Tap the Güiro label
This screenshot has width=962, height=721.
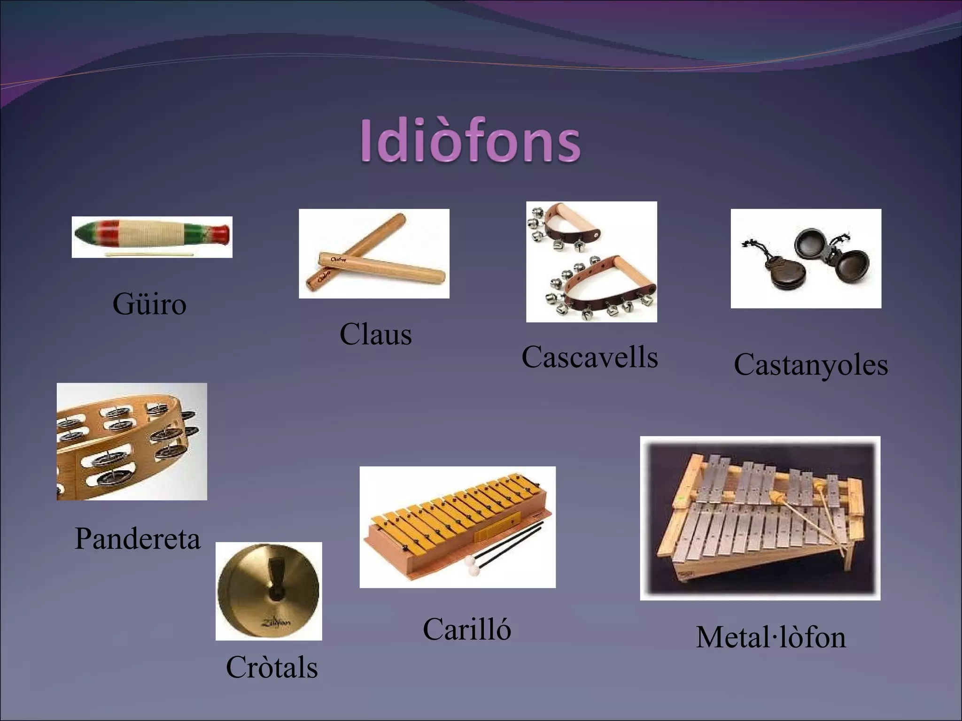click(149, 304)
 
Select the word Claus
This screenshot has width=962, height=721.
click(375, 334)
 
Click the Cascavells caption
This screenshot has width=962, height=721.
click(590, 357)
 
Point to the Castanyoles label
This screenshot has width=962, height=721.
click(811, 365)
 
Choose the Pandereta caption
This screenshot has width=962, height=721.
click(138, 538)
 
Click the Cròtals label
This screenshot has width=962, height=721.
click(272, 667)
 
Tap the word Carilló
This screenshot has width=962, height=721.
click(466, 629)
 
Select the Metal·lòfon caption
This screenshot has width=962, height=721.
click(771, 637)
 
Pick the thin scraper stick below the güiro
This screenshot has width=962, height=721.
click(149, 254)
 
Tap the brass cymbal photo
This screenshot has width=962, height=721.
click(269, 591)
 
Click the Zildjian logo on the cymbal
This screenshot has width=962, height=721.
click(276, 622)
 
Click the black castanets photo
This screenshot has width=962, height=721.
click(806, 258)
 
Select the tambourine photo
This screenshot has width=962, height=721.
click(132, 441)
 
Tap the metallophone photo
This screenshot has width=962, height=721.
click(760, 518)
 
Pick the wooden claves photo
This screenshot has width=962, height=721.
click(374, 253)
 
